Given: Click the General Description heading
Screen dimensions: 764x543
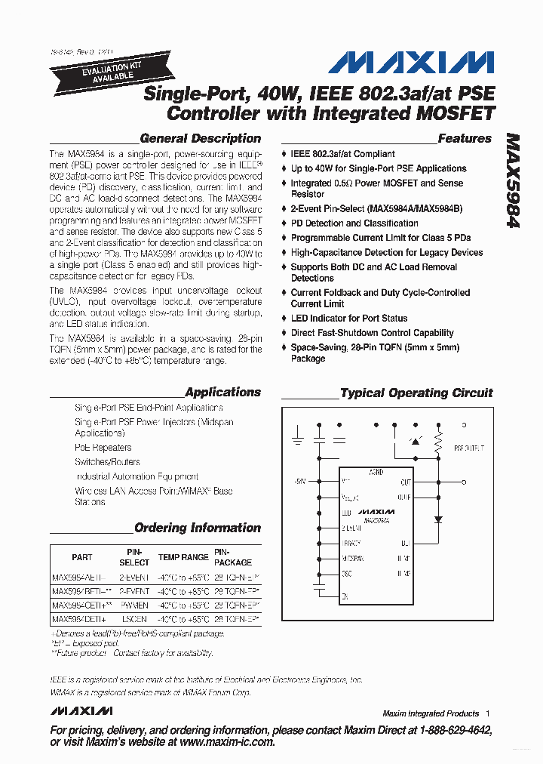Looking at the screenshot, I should tap(201, 139).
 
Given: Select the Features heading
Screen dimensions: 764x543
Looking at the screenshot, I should tap(464, 139).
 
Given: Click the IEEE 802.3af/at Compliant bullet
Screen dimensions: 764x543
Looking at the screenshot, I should tap(342, 154).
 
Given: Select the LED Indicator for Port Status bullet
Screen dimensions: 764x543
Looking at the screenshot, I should tap(348, 319).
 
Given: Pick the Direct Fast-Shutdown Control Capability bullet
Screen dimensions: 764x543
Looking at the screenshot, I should tap(372, 333).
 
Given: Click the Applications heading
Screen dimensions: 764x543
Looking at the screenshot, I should tap(222, 393).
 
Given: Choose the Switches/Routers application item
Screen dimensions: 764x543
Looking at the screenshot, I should tap(107, 462).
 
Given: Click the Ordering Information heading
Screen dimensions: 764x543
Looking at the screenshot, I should tap(197, 528).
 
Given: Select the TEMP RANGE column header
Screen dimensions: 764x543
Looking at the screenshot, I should tap(183, 557).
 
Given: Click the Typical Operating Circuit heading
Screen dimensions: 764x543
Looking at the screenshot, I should tap(416, 393).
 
